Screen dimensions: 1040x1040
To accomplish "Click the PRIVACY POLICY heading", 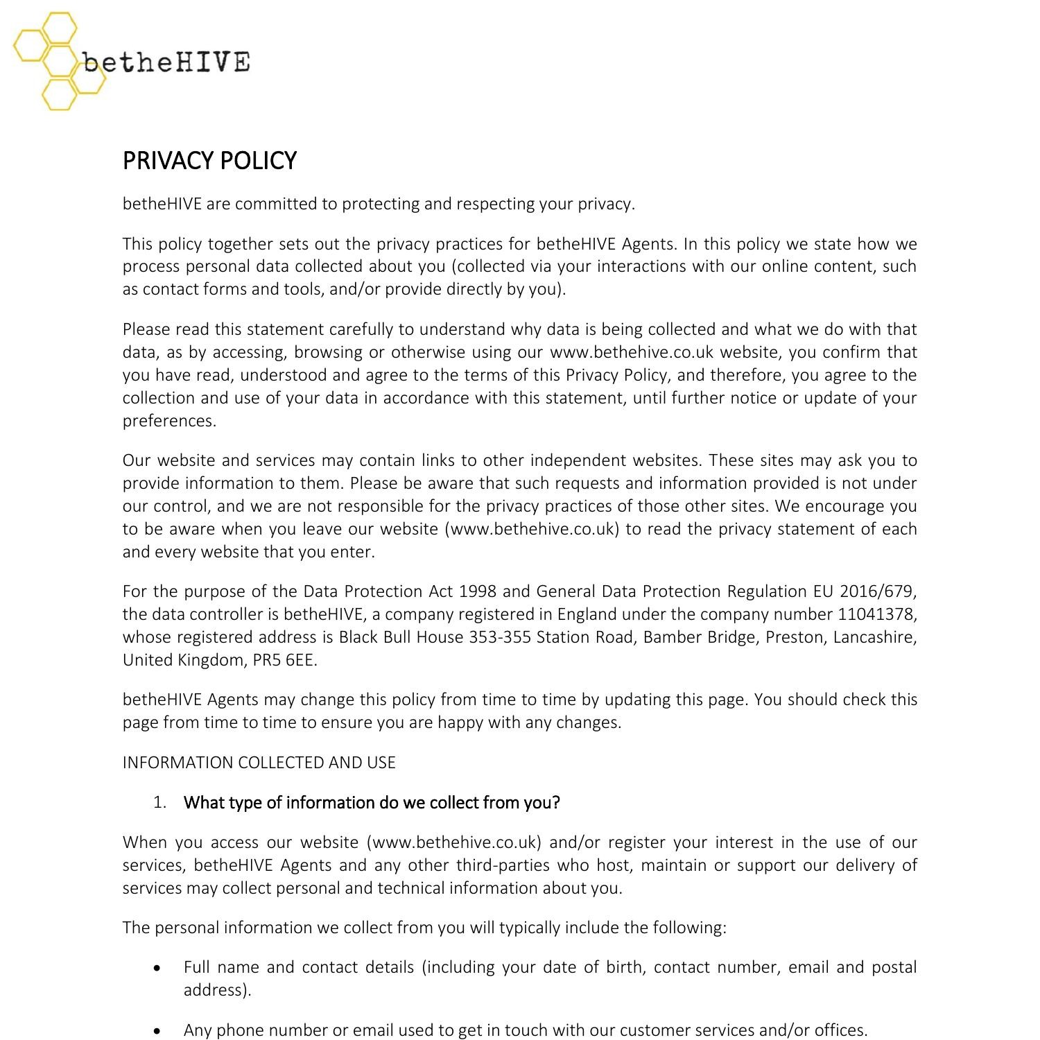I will coord(209,161).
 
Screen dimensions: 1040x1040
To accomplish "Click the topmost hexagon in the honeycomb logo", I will coord(59,28).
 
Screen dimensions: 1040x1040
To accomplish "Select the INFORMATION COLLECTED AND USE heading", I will coord(259,763).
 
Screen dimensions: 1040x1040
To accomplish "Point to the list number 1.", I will coord(160,803).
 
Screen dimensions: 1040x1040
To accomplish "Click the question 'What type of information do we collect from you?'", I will coord(372,803).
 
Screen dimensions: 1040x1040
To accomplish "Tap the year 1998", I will coord(478,591).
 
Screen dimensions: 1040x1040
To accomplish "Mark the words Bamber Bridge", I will coord(700,637).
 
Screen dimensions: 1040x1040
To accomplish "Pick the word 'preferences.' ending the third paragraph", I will coord(169,421).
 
